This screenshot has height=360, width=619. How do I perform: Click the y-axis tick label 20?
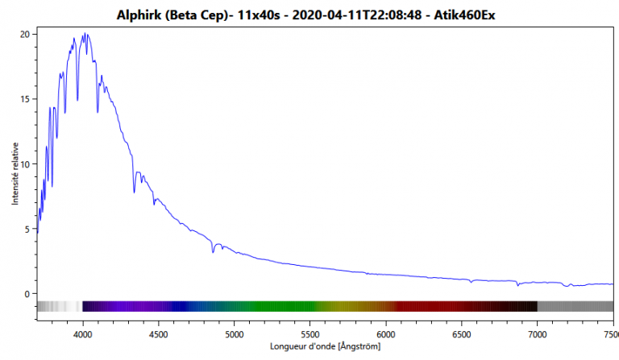coord(24,35)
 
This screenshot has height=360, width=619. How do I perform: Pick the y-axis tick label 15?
coord(24,99)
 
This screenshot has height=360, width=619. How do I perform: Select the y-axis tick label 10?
coord(24,164)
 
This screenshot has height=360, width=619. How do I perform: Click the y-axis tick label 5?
coord(27,230)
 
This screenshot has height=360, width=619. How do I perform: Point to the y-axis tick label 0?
coord(27,294)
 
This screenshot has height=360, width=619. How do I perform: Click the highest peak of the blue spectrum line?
coord(84,34)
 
